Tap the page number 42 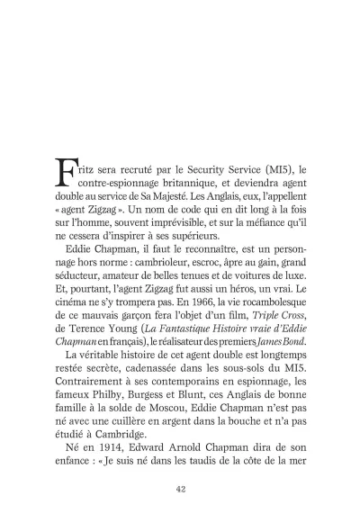pyautogui.click(x=180, y=488)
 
